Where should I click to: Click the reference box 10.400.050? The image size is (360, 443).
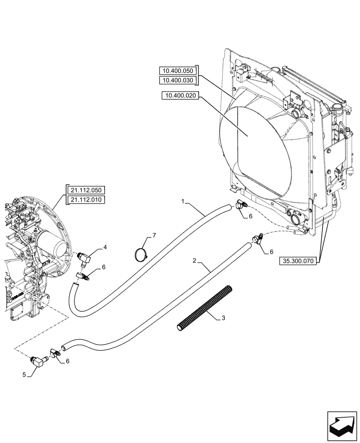point(178,71)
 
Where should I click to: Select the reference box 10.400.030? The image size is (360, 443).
point(178,80)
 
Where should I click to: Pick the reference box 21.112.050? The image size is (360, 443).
point(86,190)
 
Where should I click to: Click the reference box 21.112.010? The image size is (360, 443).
point(86,200)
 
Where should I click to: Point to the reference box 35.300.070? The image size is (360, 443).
point(297,261)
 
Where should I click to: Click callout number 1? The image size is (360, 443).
point(183,201)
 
